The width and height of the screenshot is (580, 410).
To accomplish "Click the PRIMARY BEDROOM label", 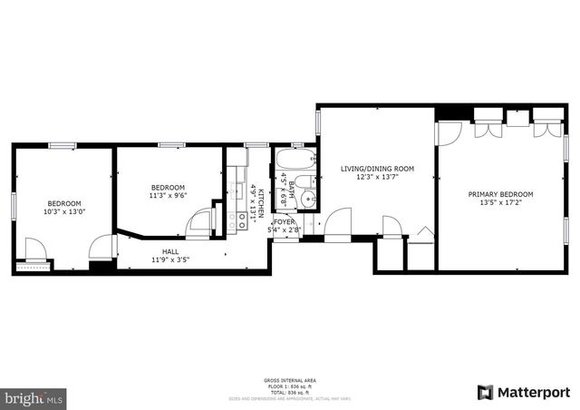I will click(500, 194).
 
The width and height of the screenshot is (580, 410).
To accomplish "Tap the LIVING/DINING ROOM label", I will click(377, 169).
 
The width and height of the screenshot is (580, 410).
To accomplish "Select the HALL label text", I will click(170, 251).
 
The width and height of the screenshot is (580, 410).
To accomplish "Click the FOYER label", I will click(285, 221).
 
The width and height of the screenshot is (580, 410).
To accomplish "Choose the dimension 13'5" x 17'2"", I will click(500, 203).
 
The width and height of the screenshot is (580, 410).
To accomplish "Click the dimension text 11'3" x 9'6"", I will click(168, 194).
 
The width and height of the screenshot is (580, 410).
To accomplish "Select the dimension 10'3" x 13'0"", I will click(64, 211).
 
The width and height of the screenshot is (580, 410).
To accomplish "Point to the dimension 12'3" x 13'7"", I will click(377, 178).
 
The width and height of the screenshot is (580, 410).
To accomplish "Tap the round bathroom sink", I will click(310, 197).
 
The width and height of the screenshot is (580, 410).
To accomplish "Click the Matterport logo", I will click(523, 392).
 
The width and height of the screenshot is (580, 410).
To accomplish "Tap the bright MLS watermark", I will click(34, 397).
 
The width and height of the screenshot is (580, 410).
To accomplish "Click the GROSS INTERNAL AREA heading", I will click(290, 379).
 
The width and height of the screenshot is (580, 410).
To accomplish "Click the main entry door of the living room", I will click(337, 221).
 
